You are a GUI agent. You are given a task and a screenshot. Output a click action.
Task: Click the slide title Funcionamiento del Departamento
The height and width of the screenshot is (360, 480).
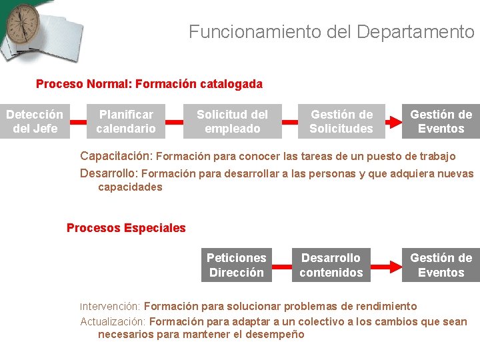(331, 31)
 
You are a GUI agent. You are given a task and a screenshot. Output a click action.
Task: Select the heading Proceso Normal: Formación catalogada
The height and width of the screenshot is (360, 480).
(149, 84)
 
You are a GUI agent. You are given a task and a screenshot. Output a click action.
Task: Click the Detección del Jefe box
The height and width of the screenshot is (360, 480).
(35, 121)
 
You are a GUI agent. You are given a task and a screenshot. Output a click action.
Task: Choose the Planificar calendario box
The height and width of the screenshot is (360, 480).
(126, 121)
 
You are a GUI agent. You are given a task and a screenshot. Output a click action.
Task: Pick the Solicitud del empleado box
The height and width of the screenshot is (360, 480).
(232, 121)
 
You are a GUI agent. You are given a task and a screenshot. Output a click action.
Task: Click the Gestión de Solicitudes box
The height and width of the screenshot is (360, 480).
(341, 121)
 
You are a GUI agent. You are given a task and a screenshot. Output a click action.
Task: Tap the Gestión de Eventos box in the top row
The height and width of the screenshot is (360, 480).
(441, 121)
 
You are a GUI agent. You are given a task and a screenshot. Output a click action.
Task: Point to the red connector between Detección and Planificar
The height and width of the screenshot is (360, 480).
(79, 122)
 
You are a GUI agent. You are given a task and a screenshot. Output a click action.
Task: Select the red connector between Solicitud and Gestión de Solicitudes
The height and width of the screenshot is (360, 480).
(289, 122)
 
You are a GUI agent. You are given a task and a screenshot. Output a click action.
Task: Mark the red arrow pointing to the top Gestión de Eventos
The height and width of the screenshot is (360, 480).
(393, 122)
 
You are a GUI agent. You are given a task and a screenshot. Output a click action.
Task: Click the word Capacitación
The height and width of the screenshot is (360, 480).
(117, 156)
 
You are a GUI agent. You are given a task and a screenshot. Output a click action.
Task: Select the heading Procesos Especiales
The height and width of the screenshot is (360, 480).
(126, 228)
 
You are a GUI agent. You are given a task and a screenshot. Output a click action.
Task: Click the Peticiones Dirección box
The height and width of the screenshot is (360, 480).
(236, 265)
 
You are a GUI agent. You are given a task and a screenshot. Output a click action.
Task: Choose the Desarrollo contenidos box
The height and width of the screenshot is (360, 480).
(331, 265)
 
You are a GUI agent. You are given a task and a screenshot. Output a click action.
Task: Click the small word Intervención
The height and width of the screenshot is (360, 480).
(110, 307)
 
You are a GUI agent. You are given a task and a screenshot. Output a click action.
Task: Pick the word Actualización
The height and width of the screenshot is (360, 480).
(113, 321)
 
